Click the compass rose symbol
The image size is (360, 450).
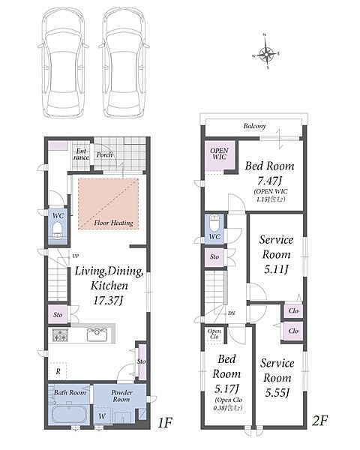(267, 54)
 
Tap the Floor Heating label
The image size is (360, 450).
(114, 223)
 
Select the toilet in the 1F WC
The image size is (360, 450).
(58, 230)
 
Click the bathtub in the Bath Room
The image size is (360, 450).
(69, 415)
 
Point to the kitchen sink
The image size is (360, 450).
(97, 334)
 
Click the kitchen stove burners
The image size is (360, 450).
(60, 335)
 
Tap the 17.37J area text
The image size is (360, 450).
(108, 301)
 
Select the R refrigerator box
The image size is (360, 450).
(58, 371)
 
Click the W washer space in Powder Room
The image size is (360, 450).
(102, 415)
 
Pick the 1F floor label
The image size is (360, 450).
(165, 422)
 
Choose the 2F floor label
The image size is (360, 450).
(319, 421)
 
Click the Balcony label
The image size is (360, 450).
(255, 126)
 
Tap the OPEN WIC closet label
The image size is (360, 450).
(219, 154)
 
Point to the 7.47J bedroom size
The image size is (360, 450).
(269, 181)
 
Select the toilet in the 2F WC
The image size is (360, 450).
(214, 223)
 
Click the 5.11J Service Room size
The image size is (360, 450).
(276, 269)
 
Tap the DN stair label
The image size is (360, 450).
(232, 313)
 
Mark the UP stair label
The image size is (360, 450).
(75, 256)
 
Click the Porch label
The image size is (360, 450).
(104, 155)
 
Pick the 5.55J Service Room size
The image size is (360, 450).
(277, 392)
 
